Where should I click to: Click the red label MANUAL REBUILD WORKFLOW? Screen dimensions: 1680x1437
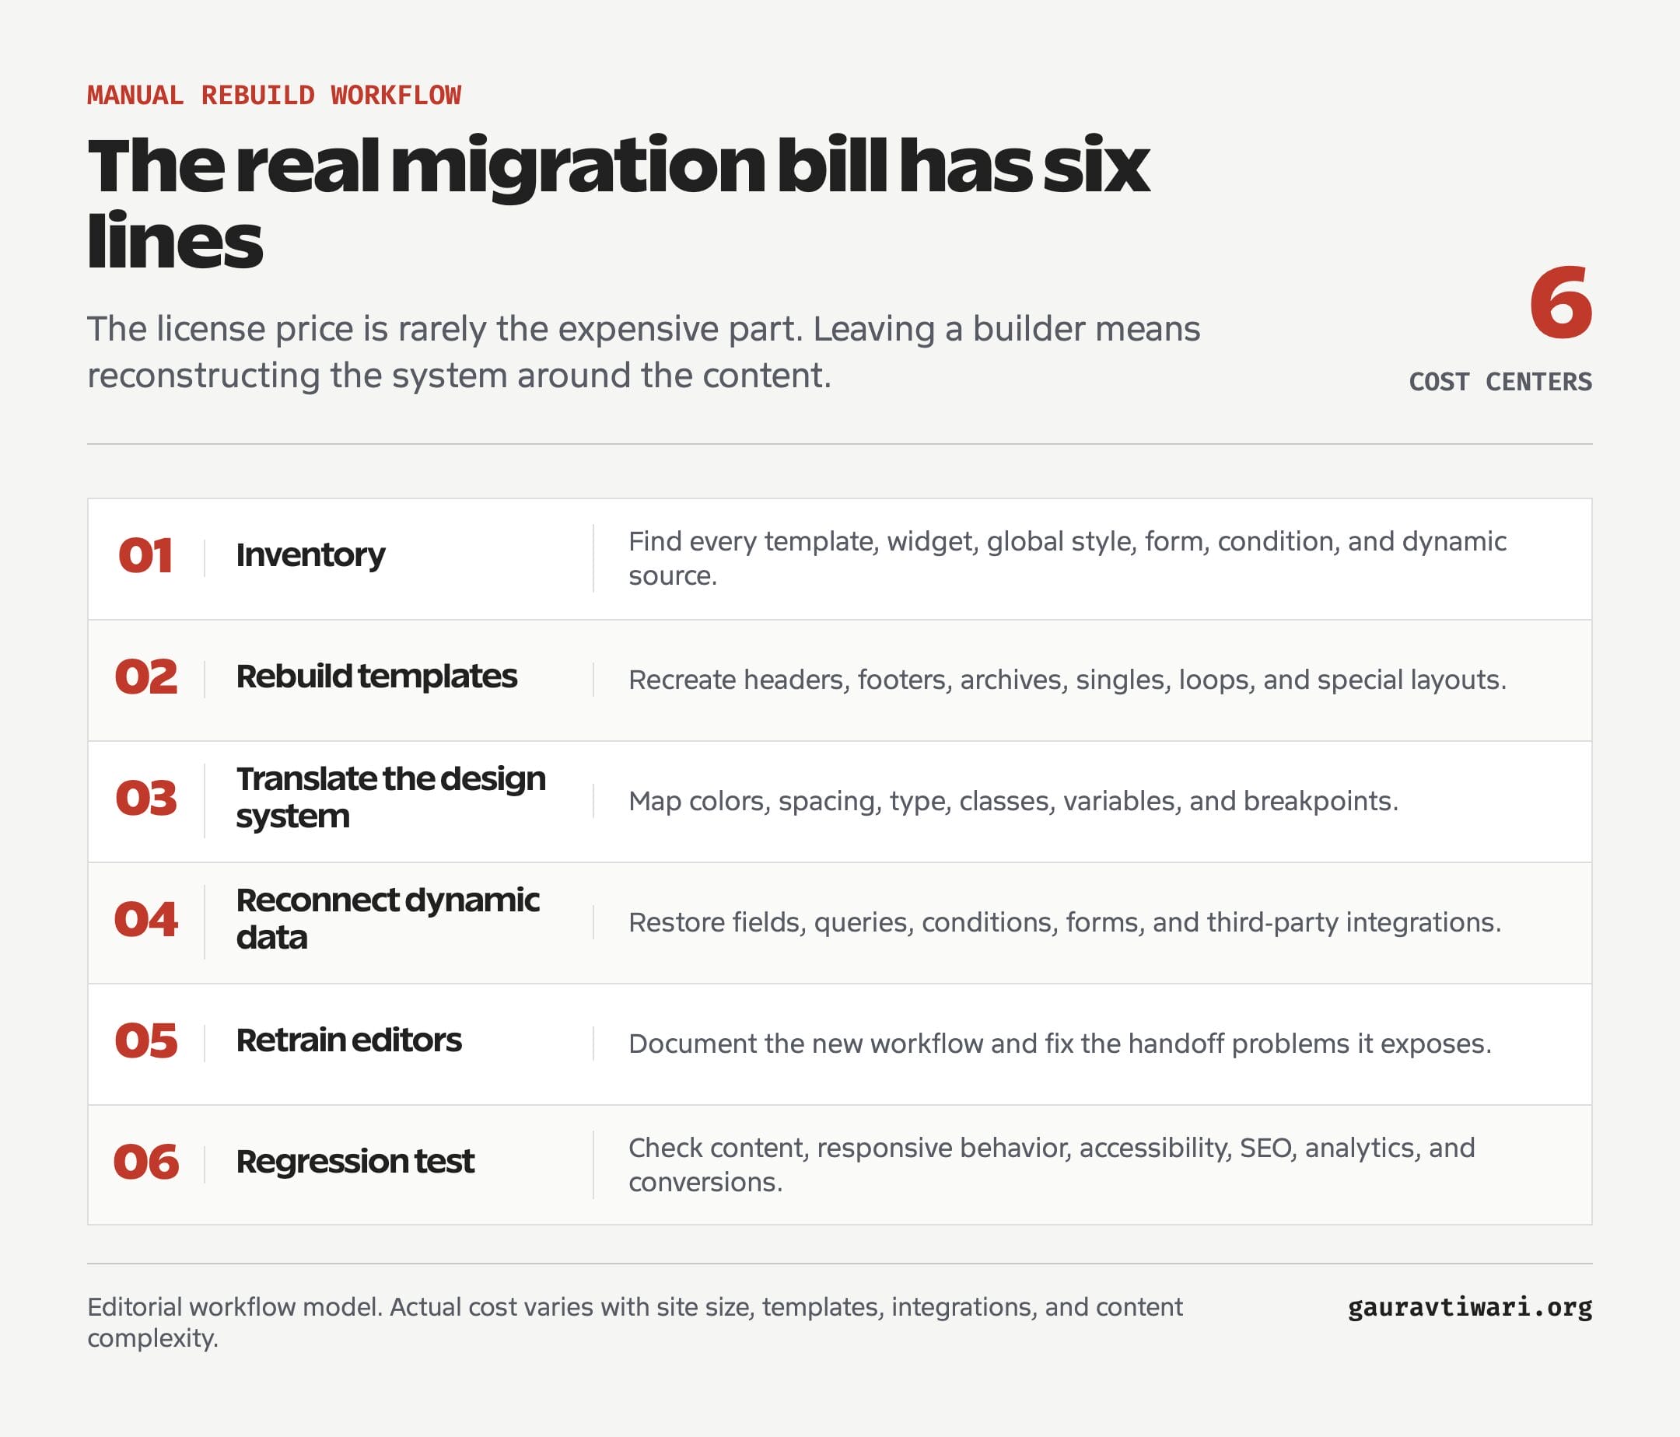[274, 95]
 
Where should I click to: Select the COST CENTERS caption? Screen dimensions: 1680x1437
[1500, 381]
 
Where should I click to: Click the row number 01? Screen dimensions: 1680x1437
[146, 556]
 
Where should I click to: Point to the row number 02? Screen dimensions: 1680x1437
[146, 677]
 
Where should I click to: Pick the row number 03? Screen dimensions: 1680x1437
[146, 799]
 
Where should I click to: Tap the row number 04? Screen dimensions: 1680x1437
[146, 920]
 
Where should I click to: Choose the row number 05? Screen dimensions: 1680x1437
[146, 1040]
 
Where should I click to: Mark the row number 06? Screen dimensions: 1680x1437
[146, 1163]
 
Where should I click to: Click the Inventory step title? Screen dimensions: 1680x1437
[310, 556]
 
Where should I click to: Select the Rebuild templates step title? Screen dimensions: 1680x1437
[376, 677]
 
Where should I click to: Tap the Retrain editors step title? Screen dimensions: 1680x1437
[348, 1040]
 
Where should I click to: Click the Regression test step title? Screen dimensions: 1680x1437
[355, 1163]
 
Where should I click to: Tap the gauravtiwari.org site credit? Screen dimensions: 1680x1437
[1470, 1307]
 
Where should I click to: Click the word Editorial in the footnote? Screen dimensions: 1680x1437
[135, 1307]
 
